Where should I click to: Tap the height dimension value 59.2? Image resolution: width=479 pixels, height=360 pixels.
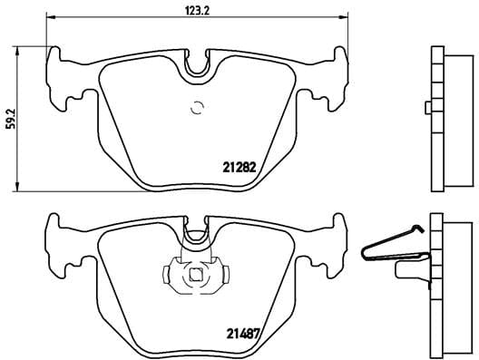[11, 116]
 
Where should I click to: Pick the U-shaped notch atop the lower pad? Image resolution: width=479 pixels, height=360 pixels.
[197, 237]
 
